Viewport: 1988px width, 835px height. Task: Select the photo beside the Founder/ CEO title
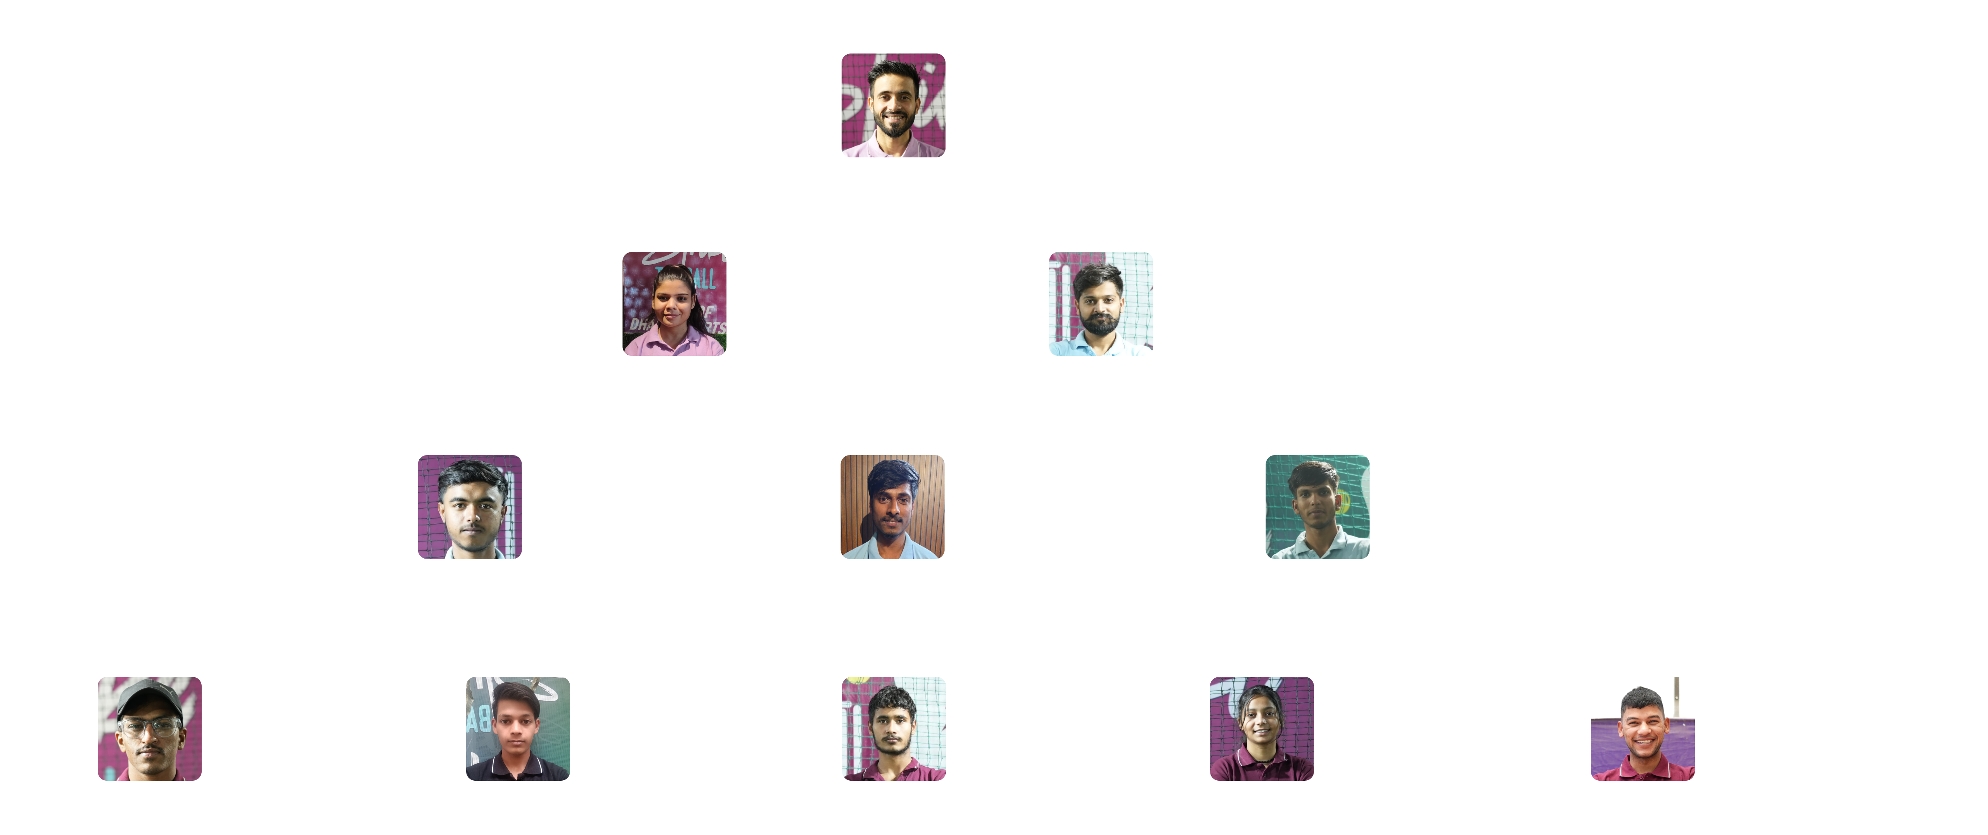tap(893, 106)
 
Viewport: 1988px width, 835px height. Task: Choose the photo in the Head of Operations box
tap(1101, 304)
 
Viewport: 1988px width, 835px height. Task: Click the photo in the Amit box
tap(150, 728)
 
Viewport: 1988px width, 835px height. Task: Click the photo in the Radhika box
tap(1262, 728)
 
